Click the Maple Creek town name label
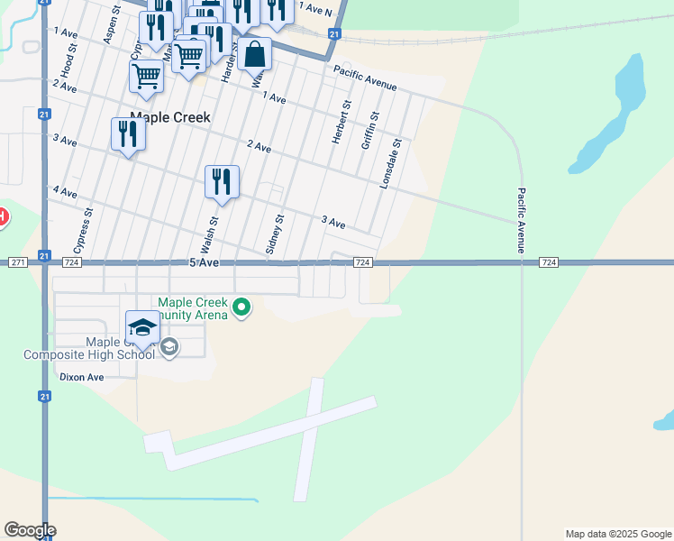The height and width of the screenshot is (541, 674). click(x=170, y=117)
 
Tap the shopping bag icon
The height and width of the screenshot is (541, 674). click(x=255, y=54)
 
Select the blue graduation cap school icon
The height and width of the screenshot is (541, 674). click(x=142, y=329)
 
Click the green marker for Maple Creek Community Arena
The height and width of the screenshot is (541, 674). click(x=241, y=308)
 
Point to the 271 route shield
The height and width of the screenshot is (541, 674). click(x=19, y=262)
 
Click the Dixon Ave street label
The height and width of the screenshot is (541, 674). click(x=82, y=378)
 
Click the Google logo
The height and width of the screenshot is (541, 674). click(x=30, y=530)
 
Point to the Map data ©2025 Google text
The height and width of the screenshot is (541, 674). click(x=617, y=534)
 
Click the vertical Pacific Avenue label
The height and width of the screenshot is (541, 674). click(x=522, y=219)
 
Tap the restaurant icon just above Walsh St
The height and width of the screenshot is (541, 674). click(x=221, y=182)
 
